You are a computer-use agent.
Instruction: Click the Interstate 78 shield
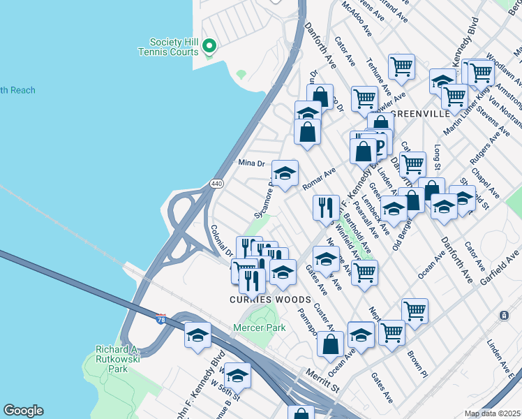(161, 318)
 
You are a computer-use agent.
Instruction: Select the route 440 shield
(216, 184)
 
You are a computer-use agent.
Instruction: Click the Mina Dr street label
(252, 163)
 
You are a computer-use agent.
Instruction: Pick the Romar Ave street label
(320, 179)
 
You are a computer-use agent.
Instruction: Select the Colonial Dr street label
(221, 239)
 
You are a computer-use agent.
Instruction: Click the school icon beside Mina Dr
(284, 173)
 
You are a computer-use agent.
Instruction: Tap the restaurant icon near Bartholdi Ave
(326, 207)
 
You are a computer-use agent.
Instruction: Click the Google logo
(22, 411)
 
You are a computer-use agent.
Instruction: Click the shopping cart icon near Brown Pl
(415, 309)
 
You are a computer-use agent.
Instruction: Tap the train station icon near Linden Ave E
(504, 316)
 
